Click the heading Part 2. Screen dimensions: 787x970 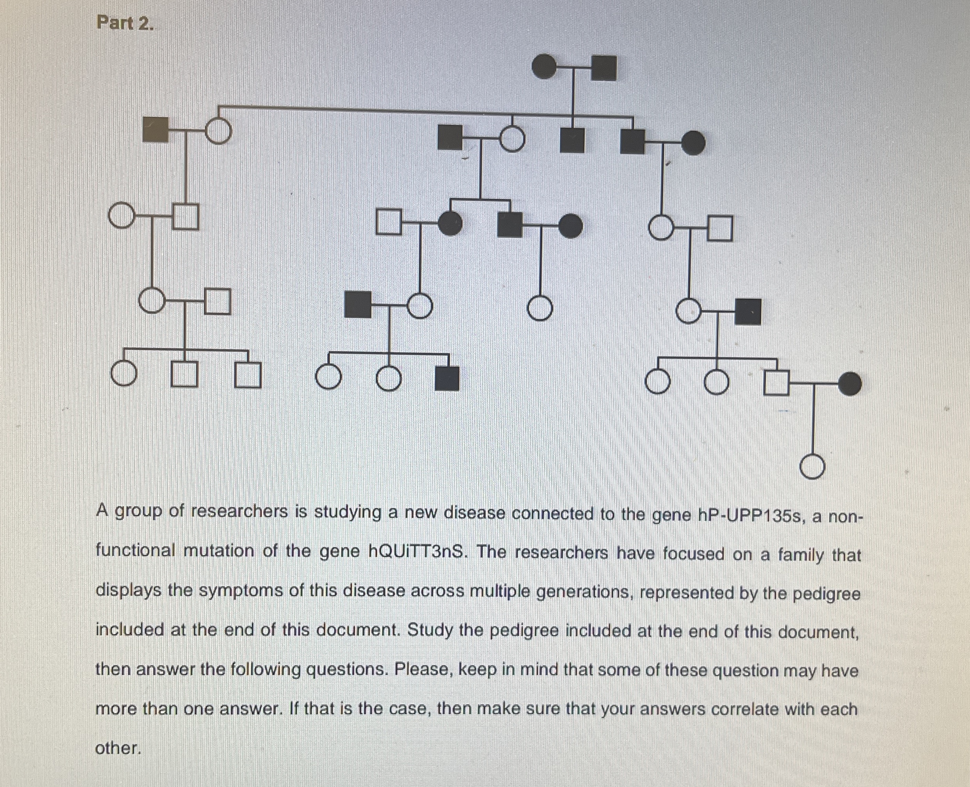[x=125, y=23]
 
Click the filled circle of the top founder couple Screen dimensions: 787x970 [x=544, y=67]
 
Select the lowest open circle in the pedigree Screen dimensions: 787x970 [x=812, y=467]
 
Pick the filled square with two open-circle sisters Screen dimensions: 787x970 [x=447, y=379]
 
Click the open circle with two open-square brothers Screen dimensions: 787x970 [x=123, y=374]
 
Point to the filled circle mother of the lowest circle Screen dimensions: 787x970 [x=850, y=384]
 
